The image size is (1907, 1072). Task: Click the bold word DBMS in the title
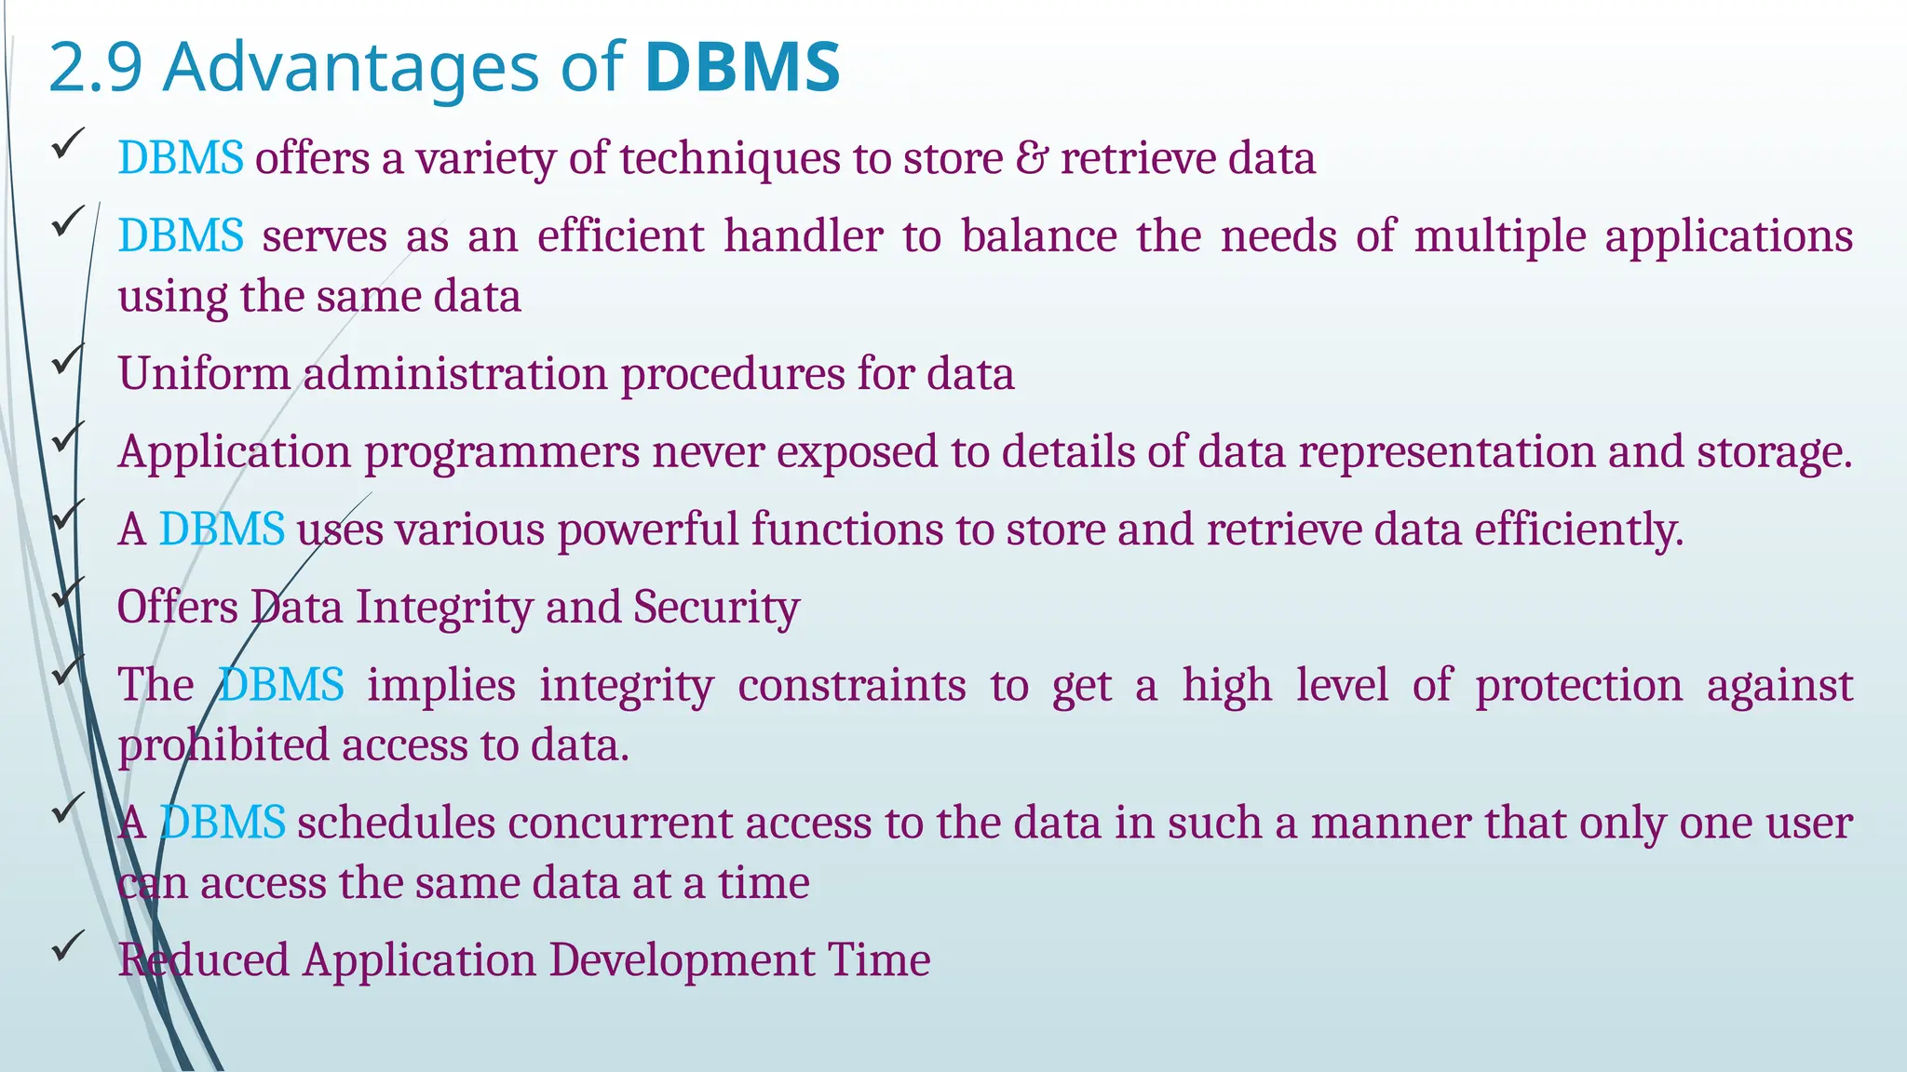click(x=742, y=67)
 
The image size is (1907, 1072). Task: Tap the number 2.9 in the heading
click(x=95, y=67)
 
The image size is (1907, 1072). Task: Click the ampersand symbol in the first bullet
click(x=1031, y=158)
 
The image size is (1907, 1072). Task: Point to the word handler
click(x=804, y=236)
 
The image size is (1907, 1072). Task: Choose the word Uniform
click(x=204, y=374)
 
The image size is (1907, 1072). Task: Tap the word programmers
click(x=502, y=453)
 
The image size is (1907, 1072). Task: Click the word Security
click(x=716, y=608)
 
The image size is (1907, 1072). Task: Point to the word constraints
click(x=852, y=686)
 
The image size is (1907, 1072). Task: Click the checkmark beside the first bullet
click(x=69, y=143)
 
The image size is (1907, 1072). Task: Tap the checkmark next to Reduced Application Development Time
click(x=69, y=945)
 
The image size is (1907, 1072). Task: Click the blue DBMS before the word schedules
click(x=223, y=824)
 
